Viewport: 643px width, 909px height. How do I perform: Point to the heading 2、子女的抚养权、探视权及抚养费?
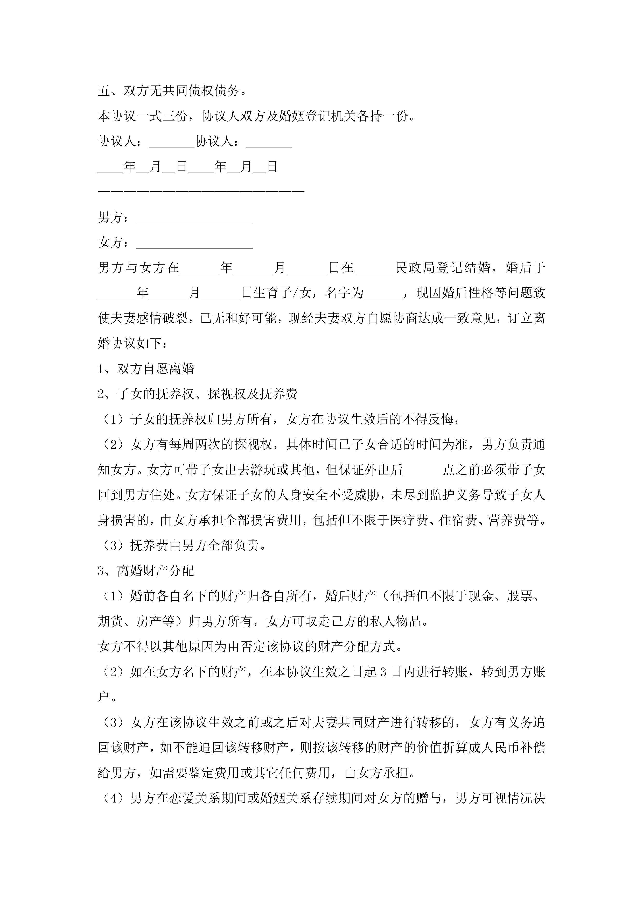197,394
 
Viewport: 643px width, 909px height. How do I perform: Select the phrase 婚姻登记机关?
318,116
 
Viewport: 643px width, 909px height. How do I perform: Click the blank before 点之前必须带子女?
422,470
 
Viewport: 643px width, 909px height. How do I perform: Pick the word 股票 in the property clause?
519,596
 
